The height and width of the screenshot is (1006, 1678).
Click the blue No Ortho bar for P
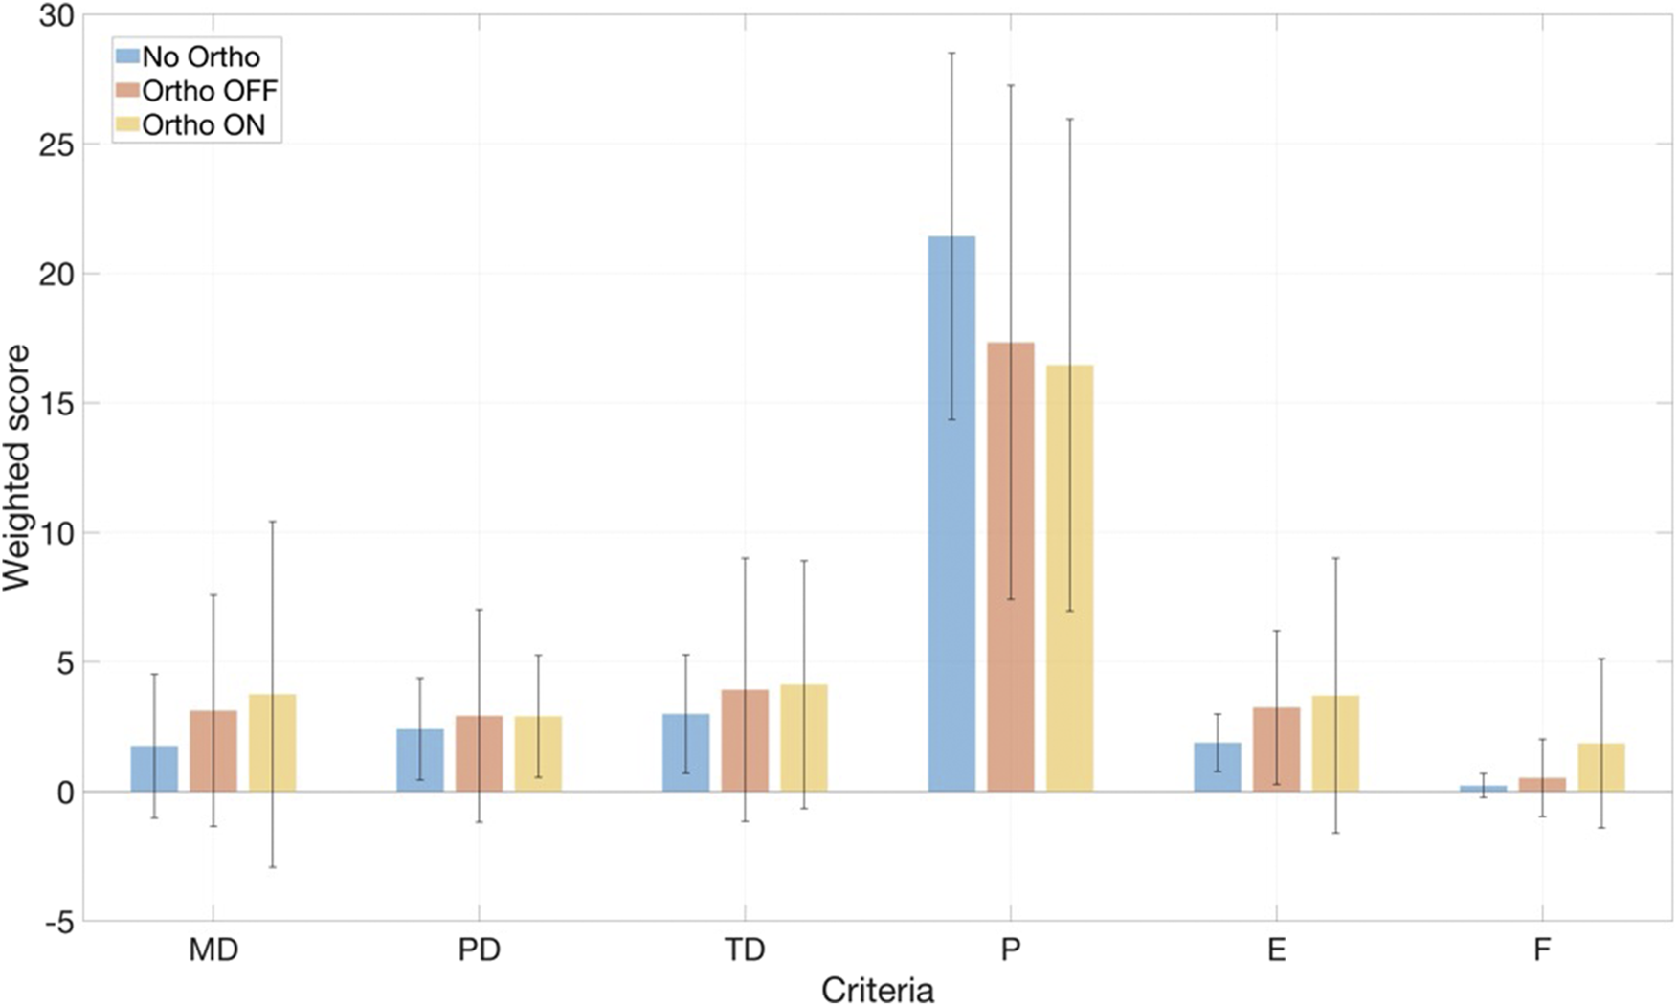(951, 517)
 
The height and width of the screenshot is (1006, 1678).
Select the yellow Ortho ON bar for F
(1601, 768)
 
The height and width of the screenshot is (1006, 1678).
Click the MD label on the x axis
(213, 950)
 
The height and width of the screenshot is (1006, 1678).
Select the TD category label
(745, 950)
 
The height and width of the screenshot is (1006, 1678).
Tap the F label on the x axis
(1541, 950)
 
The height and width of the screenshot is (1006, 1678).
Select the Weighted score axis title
(16, 467)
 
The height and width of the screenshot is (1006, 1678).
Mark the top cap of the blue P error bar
(951, 53)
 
